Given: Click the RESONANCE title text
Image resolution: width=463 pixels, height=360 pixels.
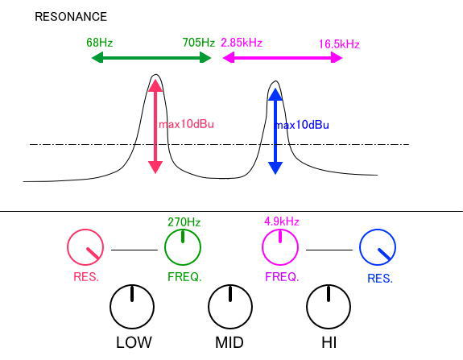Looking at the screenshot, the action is click(71, 17).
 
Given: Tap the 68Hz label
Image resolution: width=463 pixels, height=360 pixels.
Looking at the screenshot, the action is click(100, 43).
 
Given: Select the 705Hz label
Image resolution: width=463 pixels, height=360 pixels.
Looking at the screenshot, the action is click(198, 43).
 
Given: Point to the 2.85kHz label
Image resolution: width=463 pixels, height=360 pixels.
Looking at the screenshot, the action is click(242, 43).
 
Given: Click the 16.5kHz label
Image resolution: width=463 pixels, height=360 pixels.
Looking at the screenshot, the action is click(339, 44).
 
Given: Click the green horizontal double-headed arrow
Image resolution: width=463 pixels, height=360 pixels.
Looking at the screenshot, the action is click(151, 57).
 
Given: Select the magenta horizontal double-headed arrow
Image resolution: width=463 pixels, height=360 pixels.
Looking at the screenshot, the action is click(283, 57).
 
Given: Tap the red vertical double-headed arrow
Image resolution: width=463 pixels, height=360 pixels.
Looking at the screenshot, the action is click(155, 126).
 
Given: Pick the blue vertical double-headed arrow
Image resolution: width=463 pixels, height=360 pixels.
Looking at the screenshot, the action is click(275, 131).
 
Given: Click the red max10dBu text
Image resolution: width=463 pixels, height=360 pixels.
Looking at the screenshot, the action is click(186, 124).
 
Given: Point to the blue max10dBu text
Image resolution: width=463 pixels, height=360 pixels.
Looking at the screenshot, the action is click(301, 125).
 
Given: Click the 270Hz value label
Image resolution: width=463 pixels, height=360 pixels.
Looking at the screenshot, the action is click(184, 222).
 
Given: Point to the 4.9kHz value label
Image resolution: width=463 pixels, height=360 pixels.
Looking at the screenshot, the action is click(281, 221).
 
